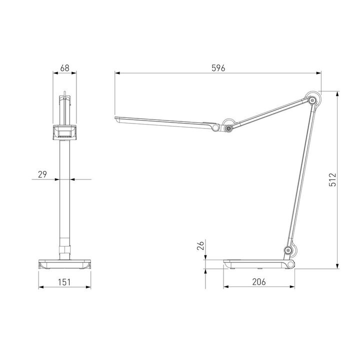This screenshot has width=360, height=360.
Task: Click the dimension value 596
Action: pyautogui.click(x=218, y=68)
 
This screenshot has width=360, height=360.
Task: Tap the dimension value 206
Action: pyautogui.click(x=259, y=281)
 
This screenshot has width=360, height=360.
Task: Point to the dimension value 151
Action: pyautogui.click(x=64, y=281)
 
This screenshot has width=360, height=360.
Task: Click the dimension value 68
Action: pyautogui.click(x=64, y=67)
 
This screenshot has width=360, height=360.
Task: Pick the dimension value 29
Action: pyautogui.click(x=42, y=174)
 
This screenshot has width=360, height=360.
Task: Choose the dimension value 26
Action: pyautogui.click(x=200, y=246)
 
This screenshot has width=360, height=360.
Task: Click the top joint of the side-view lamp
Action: pyautogui.click(x=313, y=100)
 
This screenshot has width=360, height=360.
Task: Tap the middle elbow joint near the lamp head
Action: pyautogui.click(x=228, y=129)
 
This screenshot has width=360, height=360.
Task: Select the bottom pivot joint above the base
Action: pyautogui.click(x=288, y=250)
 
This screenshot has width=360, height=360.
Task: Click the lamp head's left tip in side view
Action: pyautogui.click(x=117, y=119)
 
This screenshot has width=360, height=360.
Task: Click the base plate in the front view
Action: pyautogui.click(x=64, y=264)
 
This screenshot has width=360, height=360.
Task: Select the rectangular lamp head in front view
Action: pyautogui.click(x=64, y=132)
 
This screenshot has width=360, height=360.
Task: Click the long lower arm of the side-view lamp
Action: pyautogui.click(x=300, y=175)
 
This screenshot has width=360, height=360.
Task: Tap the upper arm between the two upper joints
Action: pyautogui.click(x=270, y=115)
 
